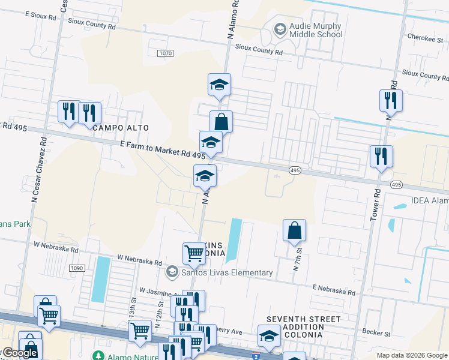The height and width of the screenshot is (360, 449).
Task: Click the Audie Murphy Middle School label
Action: coord(315,30)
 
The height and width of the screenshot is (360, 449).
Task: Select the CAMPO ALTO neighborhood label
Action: coord(120,128)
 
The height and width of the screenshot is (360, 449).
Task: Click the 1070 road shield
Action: coord(166,53)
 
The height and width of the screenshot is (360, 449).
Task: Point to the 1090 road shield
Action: coord(77,268)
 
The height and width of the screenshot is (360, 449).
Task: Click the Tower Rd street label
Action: coord(376,205)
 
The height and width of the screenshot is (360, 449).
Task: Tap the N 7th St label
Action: coord(297,260)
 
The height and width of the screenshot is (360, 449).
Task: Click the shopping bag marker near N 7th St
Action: coord(294,230)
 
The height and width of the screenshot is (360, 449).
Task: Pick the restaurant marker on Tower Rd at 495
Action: coord(381,157)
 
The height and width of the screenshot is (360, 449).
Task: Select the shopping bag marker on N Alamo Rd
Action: coord(221,121)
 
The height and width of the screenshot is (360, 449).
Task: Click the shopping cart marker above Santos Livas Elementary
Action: coord(194,253)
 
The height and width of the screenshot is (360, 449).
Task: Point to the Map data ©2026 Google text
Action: coord(411,355)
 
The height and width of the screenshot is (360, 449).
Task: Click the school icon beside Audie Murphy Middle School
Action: coord(280,29)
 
